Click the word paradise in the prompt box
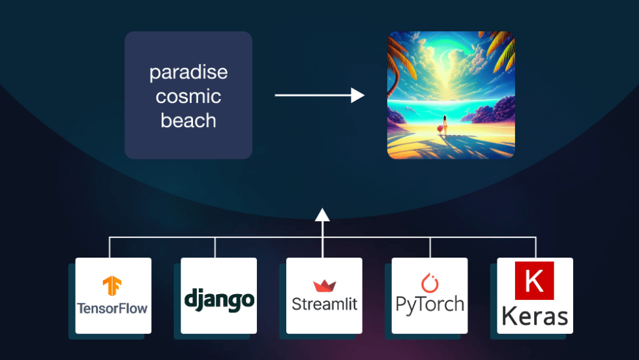point(188,73)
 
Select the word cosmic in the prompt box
point(188,97)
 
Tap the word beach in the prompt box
point(188,120)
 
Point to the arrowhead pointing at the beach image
point(357,95)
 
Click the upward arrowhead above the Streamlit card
point(322,215)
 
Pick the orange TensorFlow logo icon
point(112,286)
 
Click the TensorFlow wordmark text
point(112,308)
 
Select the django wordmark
point(219,300)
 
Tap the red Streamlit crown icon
point(325,286)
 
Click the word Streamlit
point(325,304)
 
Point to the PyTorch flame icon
point(430,282)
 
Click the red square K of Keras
point(534,280)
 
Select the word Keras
point(535,316)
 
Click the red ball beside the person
point(439,129)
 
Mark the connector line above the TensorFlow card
point(110,247)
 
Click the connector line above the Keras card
point(536,247)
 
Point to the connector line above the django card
point(215,247)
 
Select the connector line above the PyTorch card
point(430,247)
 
